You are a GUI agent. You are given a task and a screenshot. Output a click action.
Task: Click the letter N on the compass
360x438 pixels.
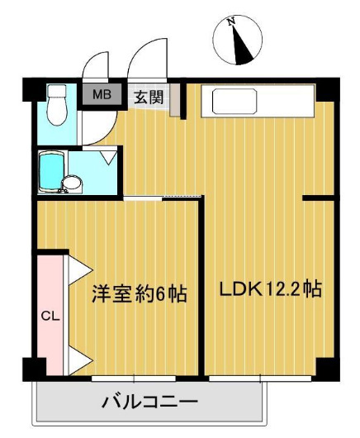(x=233, y=21)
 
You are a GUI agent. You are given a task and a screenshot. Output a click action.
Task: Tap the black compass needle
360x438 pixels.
(x=241, y=45)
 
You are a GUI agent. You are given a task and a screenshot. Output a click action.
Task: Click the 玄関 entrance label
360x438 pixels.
(x=149, y=96)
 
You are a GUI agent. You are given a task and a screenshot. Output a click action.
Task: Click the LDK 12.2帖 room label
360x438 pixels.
(x=269, y=290)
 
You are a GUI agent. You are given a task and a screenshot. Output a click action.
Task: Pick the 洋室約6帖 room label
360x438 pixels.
(x=138, y=293)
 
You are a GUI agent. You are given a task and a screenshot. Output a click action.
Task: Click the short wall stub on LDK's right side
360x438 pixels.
(x=318, y=198)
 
